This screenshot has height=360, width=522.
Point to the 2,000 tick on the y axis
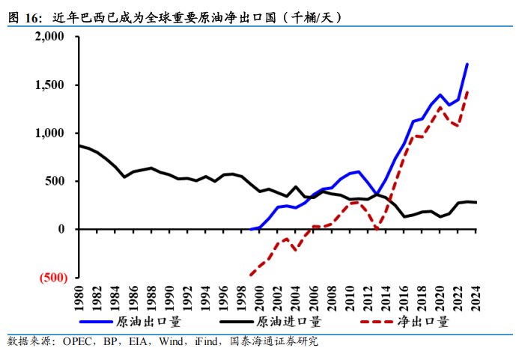(52, 37)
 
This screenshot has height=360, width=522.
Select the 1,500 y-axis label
(52, 85)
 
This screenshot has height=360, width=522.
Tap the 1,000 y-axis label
(52, 133)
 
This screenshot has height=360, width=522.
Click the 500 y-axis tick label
(58, 181)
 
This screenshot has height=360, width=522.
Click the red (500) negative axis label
(53, 277)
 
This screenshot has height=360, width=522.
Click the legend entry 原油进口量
(288, 323)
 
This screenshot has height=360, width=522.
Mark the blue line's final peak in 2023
(467, 64)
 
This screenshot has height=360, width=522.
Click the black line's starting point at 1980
(79, 145)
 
